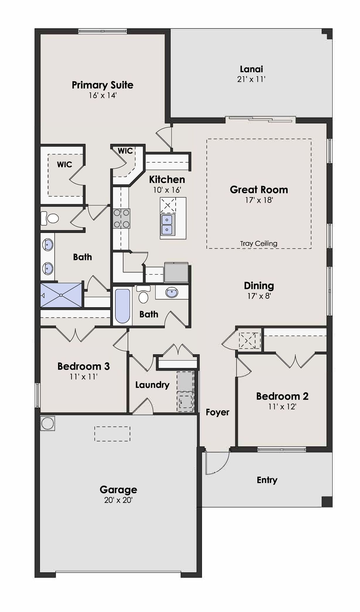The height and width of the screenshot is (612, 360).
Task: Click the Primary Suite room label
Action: (x=103, y=85)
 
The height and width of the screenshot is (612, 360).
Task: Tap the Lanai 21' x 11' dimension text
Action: (x=251, y=79)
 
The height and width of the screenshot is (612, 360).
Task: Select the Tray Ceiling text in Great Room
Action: (x=259, y=244)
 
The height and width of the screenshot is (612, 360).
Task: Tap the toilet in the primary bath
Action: (x=50, y=218)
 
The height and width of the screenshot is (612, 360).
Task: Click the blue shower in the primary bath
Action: (x=61, y=295)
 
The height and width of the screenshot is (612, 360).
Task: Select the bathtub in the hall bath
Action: (x=122, y=306)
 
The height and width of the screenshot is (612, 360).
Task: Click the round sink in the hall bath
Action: (x=171, y=293)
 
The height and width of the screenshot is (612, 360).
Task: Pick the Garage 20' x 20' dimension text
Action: (x=118, y=500)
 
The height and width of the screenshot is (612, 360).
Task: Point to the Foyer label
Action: (x=218, y=412)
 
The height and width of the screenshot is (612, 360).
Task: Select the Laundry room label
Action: (x=152, y=385)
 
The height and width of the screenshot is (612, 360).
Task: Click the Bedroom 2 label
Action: (x=282, y=396)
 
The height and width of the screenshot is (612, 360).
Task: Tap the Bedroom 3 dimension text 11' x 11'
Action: (x=84, y=376)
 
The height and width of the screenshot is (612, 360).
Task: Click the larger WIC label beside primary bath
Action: (x=64, y=164)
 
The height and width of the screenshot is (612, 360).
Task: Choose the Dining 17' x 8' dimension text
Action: (x=259, y=296)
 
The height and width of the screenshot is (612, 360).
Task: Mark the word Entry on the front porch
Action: (x=267, y=480)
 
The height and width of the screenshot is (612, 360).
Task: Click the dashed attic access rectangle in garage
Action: (x=112, y=434)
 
